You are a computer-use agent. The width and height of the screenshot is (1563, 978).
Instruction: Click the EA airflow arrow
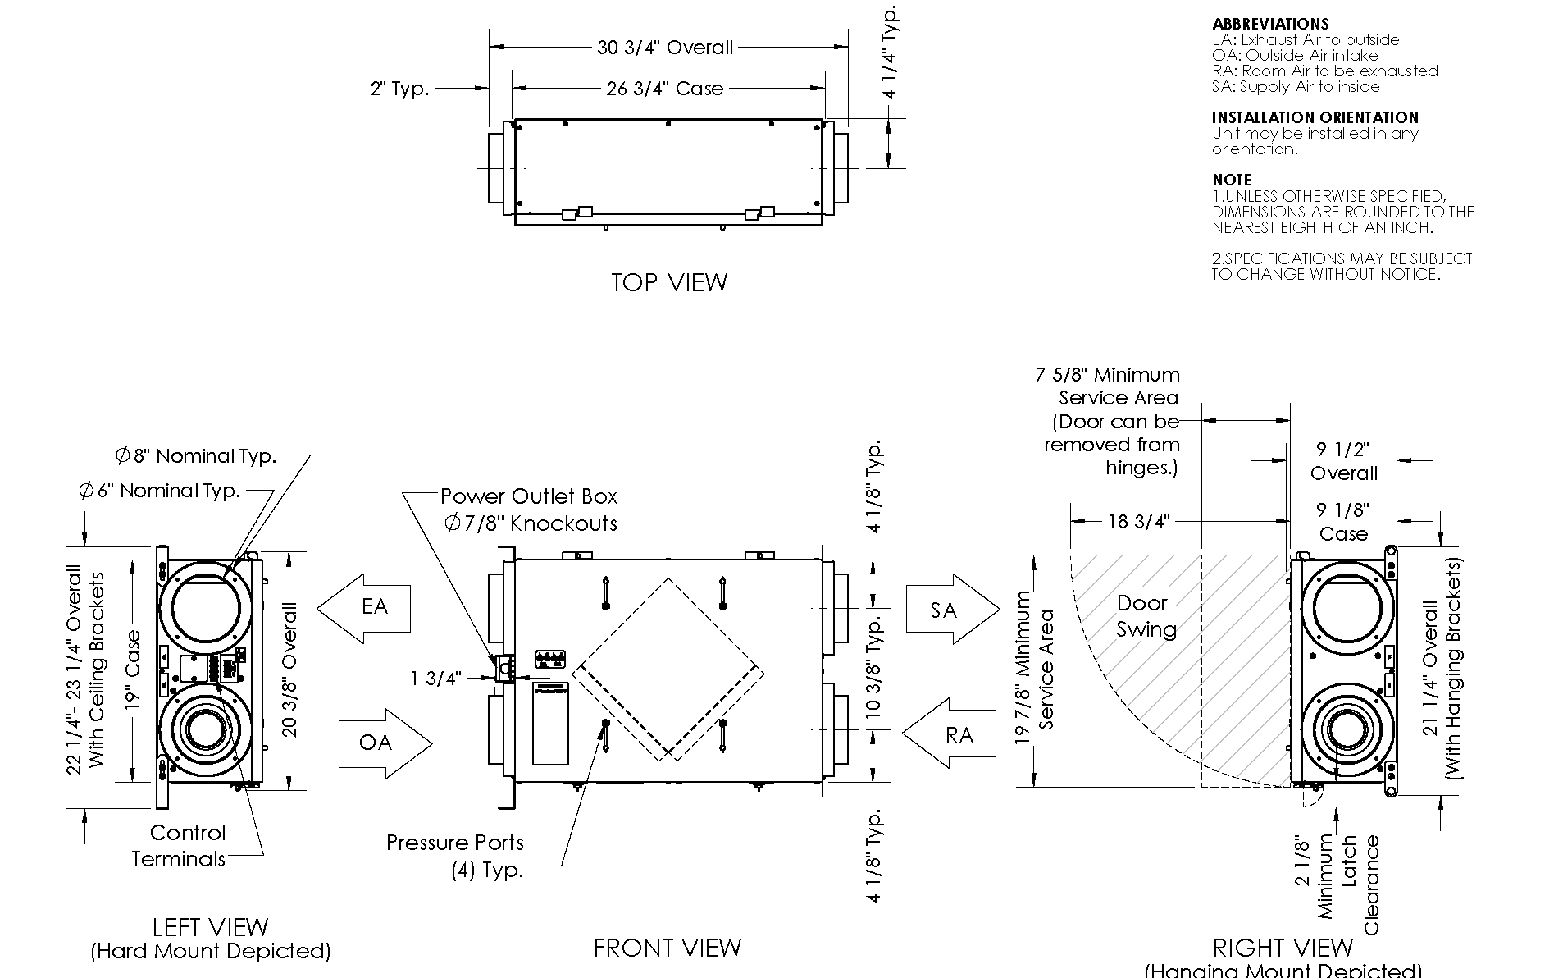[364, 608]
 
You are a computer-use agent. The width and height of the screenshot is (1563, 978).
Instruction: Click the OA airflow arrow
[385, 743]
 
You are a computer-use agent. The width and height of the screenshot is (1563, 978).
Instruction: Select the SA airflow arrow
[952, 610]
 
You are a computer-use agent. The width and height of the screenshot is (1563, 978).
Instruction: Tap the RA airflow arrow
[949, 733]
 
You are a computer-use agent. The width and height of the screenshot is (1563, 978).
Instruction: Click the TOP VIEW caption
[669, 282]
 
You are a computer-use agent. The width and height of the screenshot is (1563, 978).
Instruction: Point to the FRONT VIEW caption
[667, 948]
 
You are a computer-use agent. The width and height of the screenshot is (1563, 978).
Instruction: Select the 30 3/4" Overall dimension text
[665, 48]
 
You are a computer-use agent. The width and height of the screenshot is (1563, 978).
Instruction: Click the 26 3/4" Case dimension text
[665, 89]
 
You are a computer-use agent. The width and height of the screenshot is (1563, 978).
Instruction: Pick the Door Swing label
[1146, 616]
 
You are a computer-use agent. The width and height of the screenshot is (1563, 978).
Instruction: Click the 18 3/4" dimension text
[1138, 522]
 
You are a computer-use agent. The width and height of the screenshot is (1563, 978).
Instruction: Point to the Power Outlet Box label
[529, 496]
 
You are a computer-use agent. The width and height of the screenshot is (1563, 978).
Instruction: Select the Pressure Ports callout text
[455, 843]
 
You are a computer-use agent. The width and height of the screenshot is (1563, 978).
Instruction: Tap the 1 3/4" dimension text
[436, 678]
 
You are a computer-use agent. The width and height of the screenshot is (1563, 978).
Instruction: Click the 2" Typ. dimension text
[399, 89]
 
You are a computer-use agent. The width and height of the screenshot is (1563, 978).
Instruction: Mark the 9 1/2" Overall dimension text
[1343, 461]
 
